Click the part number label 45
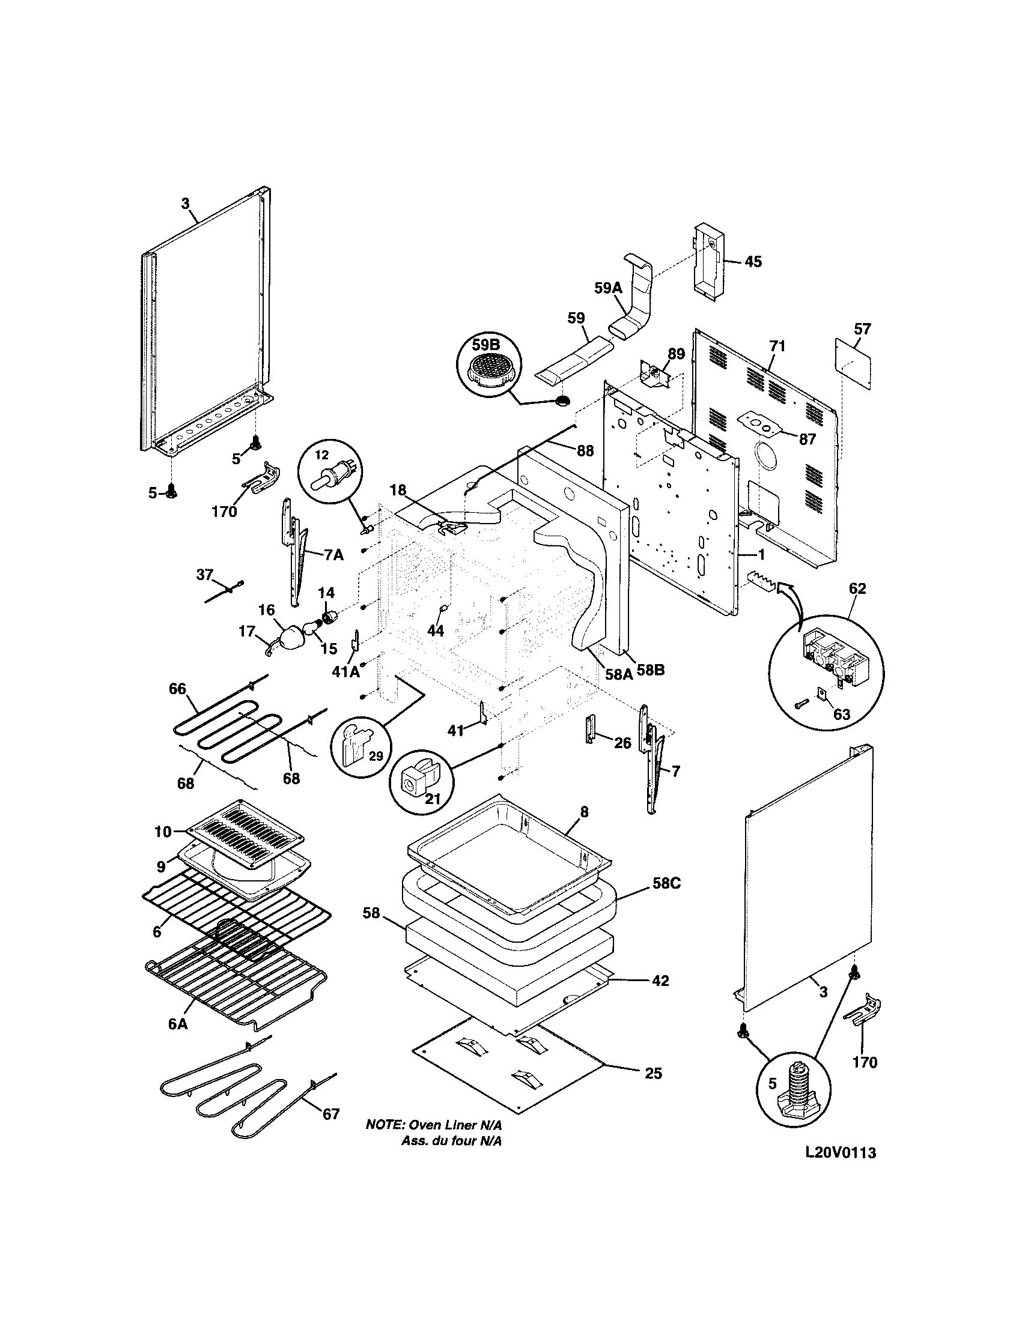coord(753,262)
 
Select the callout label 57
coord(862,329)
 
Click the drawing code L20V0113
coord(840,1153)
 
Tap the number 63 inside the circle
coord(841,715)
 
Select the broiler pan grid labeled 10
coord(244,827)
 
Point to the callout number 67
coord(330,1113)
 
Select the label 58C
coord(666,883)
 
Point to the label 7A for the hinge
coord(334,555)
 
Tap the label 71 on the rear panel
coord(777,346)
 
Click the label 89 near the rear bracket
coord(676,354)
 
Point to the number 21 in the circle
coord(432,799)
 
